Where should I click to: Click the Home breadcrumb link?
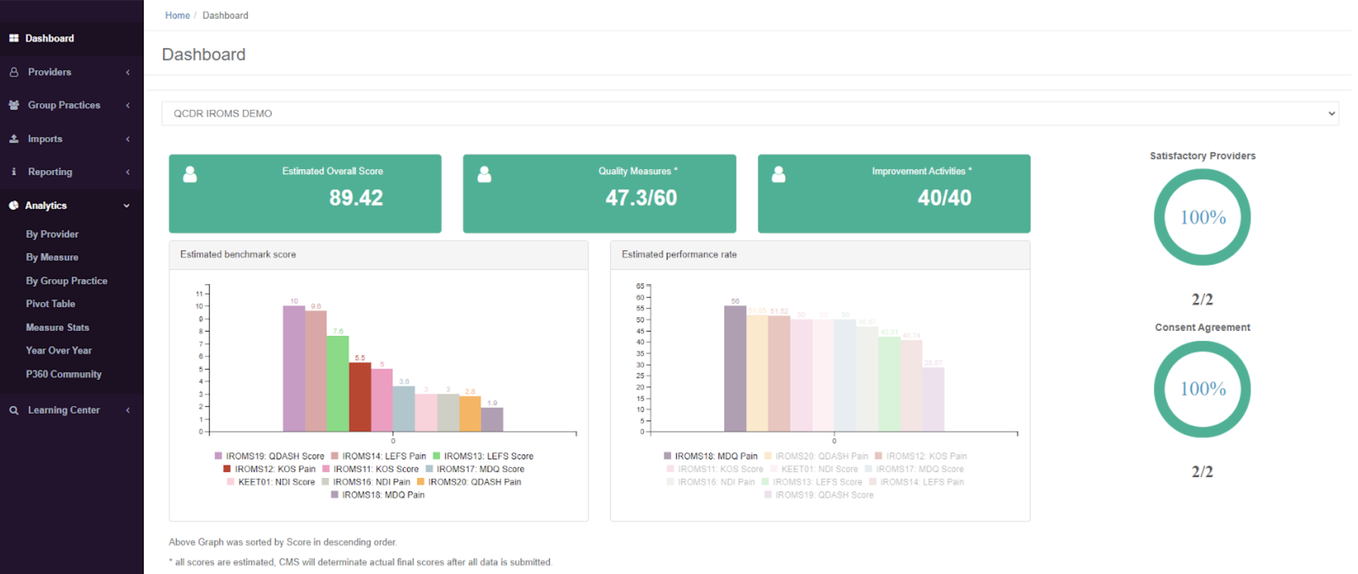177,15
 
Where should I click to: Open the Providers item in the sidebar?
50,72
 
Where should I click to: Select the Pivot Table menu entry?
50,304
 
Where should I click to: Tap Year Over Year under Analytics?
58,350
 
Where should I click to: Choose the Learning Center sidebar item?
63,410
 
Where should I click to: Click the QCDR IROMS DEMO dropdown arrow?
1331,113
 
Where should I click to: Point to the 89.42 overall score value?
356,198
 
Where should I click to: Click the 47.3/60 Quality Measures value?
641,198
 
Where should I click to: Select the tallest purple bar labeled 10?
294,369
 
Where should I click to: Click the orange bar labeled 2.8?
470,414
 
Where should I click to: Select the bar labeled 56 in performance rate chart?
735,369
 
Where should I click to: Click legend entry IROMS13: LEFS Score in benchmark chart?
488,456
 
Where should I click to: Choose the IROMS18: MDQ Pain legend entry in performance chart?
716,456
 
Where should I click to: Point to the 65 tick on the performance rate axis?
640,286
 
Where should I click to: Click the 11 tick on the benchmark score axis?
199,293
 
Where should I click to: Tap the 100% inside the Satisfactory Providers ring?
1202,217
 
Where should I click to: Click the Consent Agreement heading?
1202,327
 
